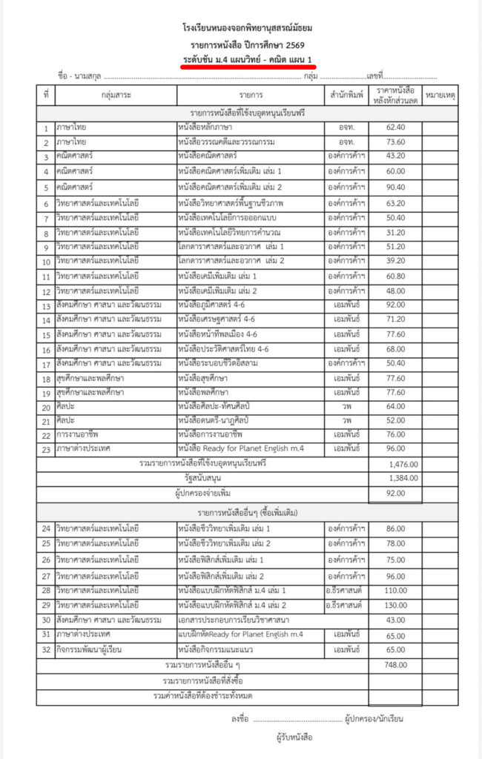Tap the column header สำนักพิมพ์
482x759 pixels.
coord(346,96)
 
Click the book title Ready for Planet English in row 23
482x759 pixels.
coord(241,448)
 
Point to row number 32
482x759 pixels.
coord(46,650)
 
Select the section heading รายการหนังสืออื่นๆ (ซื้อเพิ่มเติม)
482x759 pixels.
coord(247,513)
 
